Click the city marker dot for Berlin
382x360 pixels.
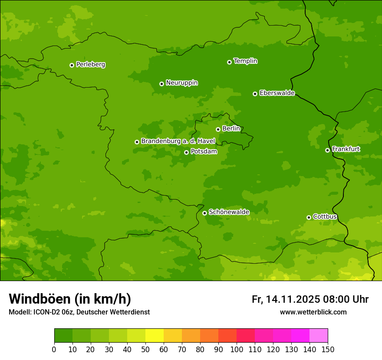(218, 129)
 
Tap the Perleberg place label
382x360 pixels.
(90, 65)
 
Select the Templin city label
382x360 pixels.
(245, 61)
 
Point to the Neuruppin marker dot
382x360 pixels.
(161, 84)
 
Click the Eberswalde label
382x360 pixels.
(277, 93)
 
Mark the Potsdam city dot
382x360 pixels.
(186, 152)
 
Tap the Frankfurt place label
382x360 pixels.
(346, 149)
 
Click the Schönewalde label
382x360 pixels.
(229, 212)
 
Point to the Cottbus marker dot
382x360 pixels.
(309, 217)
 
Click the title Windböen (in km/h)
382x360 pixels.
(70, 299)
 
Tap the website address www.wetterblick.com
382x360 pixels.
(313, 312)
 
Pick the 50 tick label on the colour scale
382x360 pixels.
(145, 349)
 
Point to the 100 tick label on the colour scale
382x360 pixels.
(237, 349)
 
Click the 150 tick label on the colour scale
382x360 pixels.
(328, 349)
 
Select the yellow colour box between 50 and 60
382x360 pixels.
(155, 336)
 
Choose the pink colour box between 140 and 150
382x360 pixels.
(319, 336)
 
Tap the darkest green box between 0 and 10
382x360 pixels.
(63, 336)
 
